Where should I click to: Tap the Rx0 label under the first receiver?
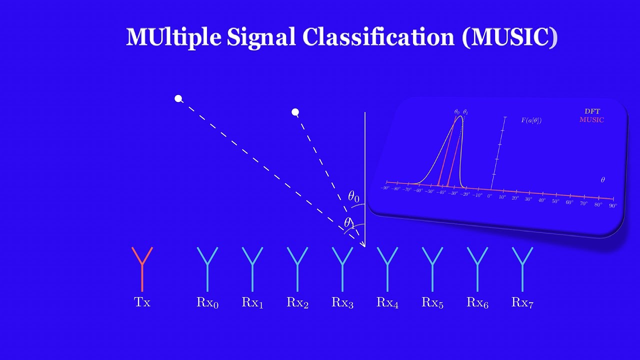[207, 302]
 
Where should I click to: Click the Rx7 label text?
[522, 302]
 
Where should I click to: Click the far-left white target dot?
[178, 98]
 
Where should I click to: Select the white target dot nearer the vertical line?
[295, 112]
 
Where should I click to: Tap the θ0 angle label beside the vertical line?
[353, 196]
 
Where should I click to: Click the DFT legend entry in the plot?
[592, 111]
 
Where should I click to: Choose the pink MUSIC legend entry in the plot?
[591, 120]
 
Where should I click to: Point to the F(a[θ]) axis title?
[531, 120]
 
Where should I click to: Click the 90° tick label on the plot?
[612, 205]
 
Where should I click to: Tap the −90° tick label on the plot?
[384, 188]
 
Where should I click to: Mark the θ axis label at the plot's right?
[602, 180]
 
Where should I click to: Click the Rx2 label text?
[297, 302]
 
